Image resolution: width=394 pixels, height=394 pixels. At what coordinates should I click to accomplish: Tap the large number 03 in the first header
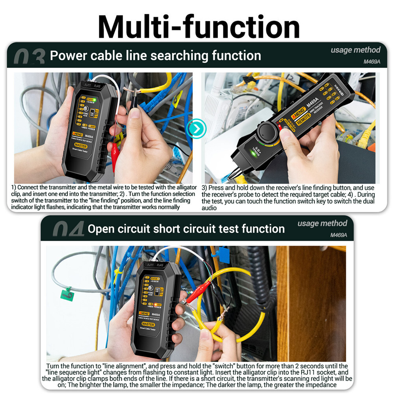[29, 58]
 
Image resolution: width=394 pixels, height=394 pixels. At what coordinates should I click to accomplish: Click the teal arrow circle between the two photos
[196, 129]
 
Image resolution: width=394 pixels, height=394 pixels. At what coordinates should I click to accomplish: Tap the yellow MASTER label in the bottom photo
[148, 324]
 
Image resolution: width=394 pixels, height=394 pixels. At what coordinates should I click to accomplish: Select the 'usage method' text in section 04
[322, 223]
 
